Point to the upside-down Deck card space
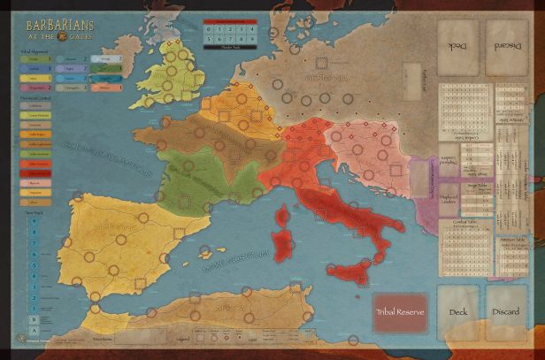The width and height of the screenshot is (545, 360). pos(459,49)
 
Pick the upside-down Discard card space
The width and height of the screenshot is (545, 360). pos(505,49)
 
